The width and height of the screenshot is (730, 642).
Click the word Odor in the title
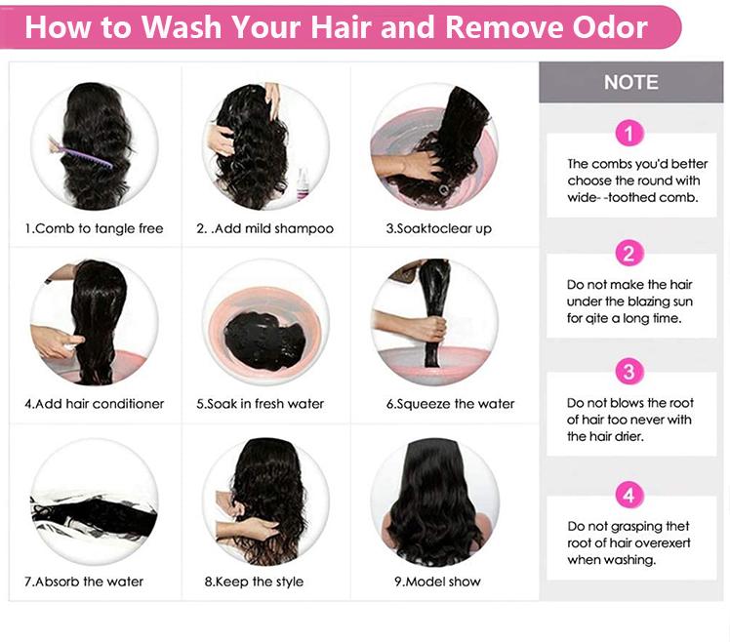coord(610,27)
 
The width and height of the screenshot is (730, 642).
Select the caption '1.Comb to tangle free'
coord(94,228)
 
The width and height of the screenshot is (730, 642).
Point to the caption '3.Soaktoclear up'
coord(438,228)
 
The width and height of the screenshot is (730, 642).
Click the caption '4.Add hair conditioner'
coord(95,404)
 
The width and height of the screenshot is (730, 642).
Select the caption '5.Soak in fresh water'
coord(260,404)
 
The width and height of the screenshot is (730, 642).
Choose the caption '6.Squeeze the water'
coord(450,404)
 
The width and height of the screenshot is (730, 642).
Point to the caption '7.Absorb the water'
coord(84,582)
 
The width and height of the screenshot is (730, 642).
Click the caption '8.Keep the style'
coord(254,582)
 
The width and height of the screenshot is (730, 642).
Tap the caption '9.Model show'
coord(437,582)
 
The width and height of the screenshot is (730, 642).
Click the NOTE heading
coord(631,82)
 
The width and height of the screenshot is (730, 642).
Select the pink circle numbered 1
coord(629,133)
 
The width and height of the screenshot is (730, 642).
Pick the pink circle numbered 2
coord(629,254)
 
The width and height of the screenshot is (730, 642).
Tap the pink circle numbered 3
coord(629,372)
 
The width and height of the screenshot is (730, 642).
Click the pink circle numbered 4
coord(629,495)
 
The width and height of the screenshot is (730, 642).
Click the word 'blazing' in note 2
coord(649,301)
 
